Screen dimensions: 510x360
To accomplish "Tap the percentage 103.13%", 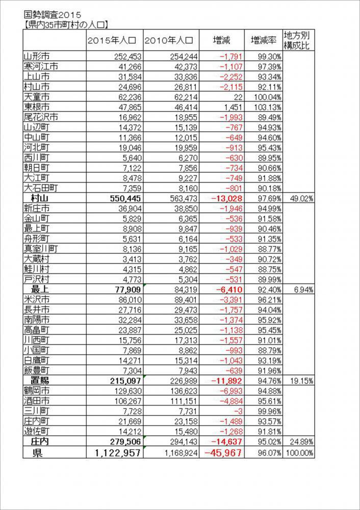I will [264, 107].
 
